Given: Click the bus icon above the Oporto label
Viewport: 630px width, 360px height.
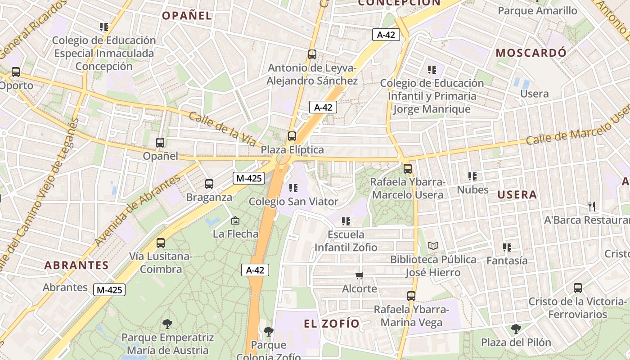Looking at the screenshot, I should (16, 72).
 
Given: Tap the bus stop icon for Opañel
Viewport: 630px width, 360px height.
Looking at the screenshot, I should (160, 143).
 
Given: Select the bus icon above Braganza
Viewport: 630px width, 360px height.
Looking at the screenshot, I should (209, 184).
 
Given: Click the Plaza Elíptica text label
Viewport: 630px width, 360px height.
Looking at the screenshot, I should (292, 150).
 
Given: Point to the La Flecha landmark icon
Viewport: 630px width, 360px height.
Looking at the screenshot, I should (235, 220).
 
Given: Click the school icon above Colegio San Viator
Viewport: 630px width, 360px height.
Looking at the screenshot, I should (293, 188).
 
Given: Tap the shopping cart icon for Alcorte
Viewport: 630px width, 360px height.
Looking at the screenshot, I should (359, 275).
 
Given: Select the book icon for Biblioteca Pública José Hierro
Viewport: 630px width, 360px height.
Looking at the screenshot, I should (433, 246).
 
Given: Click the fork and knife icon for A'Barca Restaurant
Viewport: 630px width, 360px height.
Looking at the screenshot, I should (592, 207).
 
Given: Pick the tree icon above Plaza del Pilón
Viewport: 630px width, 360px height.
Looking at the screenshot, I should (516, 329).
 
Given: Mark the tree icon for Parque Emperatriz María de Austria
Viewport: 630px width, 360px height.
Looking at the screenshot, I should (167, 324).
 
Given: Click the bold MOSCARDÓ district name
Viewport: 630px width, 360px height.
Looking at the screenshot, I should (531, 53).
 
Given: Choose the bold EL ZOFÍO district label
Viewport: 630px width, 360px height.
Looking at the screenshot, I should (332, 324).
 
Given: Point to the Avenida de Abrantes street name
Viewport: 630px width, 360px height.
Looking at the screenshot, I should (137, 210).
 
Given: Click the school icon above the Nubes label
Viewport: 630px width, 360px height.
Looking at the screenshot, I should (472, 176).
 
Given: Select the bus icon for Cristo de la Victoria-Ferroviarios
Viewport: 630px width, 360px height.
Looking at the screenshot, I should (578, 288).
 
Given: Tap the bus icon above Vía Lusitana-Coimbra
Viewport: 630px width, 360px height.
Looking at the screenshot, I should (161, 243).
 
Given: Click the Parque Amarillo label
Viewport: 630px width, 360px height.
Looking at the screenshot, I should (537, 10).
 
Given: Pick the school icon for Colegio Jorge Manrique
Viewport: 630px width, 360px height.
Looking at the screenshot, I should (432, 70).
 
